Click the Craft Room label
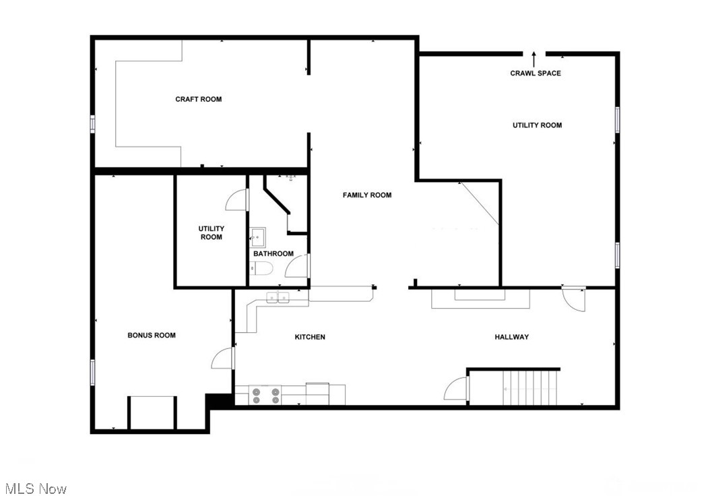[198, 99]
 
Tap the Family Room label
[366, 195]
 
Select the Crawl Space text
[535, 73]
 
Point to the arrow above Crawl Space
[534, 58]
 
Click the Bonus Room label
[152, 335]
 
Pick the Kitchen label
[310, 337]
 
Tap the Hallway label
[512, 337]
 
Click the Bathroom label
[273, 254]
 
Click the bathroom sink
[257, 236]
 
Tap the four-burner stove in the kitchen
[265, 396]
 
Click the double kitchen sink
[277, 297]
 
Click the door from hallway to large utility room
[575, 299]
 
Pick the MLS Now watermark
[35, 489]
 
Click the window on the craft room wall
[93, 124]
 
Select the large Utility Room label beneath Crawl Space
[537, 125]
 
